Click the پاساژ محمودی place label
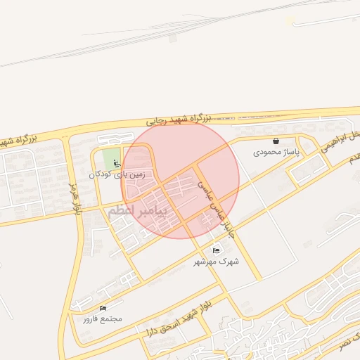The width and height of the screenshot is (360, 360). pyautogui.click(x=276, y=152)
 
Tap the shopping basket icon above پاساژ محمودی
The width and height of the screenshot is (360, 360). pyautogui.click(x=276, y=141)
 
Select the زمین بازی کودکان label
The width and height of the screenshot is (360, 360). pyautogui.click(x=117, y=174)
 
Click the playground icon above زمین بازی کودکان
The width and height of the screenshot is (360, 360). pyautogui.click(x=117, y=164)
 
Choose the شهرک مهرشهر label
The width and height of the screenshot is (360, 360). pyautogui.click(x=217, y=261)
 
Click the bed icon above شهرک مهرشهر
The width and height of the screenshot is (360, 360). pyautogui.click(x=216, y=250)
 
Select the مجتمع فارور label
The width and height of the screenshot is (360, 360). pyautogui.click(x=103, y=319)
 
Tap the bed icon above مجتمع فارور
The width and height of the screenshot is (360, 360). pyautogui.click(x=103, y=308)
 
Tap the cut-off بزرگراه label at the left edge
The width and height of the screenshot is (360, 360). pyautogui.click(x=18, y=139)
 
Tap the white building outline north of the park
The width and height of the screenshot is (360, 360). pyautogui.click(x=116, y=139)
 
